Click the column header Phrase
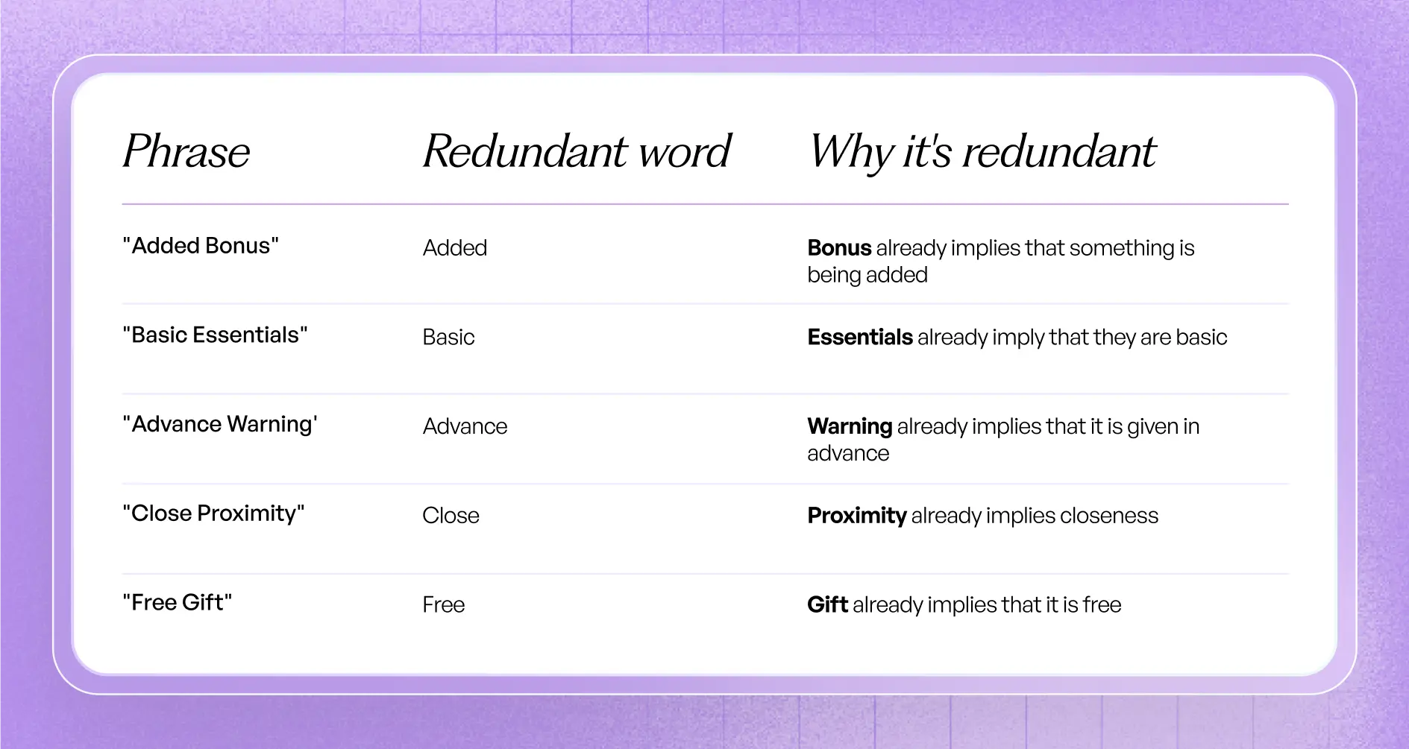pos(186,151)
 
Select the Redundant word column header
pos(577,151)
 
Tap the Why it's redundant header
pos(982,151)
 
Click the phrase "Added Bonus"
pos(201,246)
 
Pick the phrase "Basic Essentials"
pos(215,335)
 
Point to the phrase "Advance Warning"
pos(220,424)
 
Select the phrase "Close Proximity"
pos(213,513)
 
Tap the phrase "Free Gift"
pos(178,602)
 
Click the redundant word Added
pos(455,248)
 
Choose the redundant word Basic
pos(448,338)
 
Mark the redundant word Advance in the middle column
pos(465,426)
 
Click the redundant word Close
pos(451,516)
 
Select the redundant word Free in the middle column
pos(443,604)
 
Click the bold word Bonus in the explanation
pos(839,248)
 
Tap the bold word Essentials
pos(860,338)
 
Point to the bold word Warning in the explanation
pos(850,426)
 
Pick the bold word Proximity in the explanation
pos(857,516)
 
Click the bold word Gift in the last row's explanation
pos(827,604)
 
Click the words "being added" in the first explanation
pos(867,275)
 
